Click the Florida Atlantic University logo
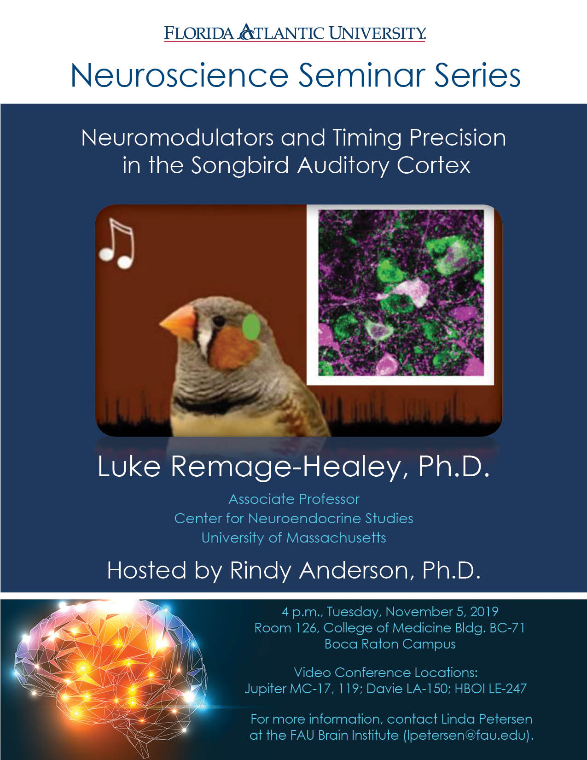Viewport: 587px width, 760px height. (x=295, y=33)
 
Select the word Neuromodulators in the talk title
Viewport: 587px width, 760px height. (x=177, y=138)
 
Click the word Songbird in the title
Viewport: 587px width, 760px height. (x=240, y=165)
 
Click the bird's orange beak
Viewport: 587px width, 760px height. (x=178, y=322)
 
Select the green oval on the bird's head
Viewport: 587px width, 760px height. (x=250, y=327)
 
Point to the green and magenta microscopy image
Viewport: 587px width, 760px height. (x=401, y=293)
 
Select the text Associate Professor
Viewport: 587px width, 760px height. (x=294, y=499)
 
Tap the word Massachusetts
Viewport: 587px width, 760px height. (x=336, y=538)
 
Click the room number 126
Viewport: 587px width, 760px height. (x=307, y=628)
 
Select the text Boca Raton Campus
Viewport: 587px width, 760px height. (x=390, y=644)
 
